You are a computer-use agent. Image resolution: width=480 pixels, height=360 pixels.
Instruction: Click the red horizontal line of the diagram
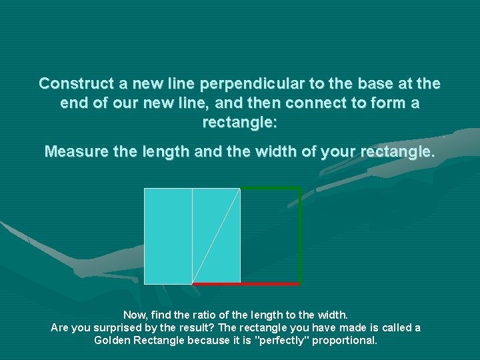267,284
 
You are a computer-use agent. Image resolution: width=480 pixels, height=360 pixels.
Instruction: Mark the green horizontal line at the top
270,189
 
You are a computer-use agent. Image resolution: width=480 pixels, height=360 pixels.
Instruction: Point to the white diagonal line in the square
216,236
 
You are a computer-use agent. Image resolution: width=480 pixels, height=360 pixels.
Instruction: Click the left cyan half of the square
168,236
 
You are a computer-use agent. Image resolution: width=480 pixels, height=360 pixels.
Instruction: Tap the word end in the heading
73,104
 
